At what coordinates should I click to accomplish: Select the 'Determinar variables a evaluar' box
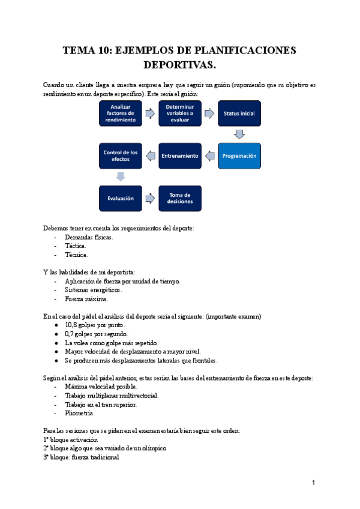pyautogui.click(x=179, y=113)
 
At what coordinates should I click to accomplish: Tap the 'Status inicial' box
pyautogui.click(x=239, y=113)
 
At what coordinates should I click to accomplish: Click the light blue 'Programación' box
pyautogui.click(x=239, y=156)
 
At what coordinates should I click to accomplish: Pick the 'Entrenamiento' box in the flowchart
pyautogui.click(x=179, y=156)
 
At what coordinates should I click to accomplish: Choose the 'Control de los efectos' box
pyautogui.click(x=121, y=156)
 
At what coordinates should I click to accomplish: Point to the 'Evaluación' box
pyautogui.click(x=121, y=198)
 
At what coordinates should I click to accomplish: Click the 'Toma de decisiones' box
pyautogui.click(x=179, y=198)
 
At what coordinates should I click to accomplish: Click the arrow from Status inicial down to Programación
pyautogui.click(x=239, y=134)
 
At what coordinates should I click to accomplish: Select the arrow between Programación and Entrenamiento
pyautogui.click(x=209, y=156)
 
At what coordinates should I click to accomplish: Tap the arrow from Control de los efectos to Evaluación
pyautogui.click(x=121, y=176)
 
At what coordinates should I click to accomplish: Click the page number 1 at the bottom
pyautogui.click(x=313, y=483)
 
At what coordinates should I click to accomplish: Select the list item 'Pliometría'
pyautogui.click(x=79, y=413)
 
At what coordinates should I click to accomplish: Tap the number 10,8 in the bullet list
pyautogui.click(x=73, y=325)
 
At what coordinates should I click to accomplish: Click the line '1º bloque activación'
pyautogui.click(x=71, y=439)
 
